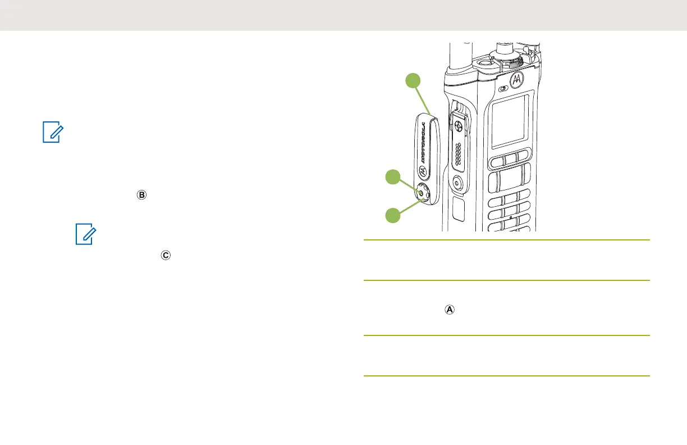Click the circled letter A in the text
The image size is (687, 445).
click(449, 309)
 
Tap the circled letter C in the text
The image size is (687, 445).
click(164, 255)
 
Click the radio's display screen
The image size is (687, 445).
click(510, 121)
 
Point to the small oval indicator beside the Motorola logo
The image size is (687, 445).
click(502, 88)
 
